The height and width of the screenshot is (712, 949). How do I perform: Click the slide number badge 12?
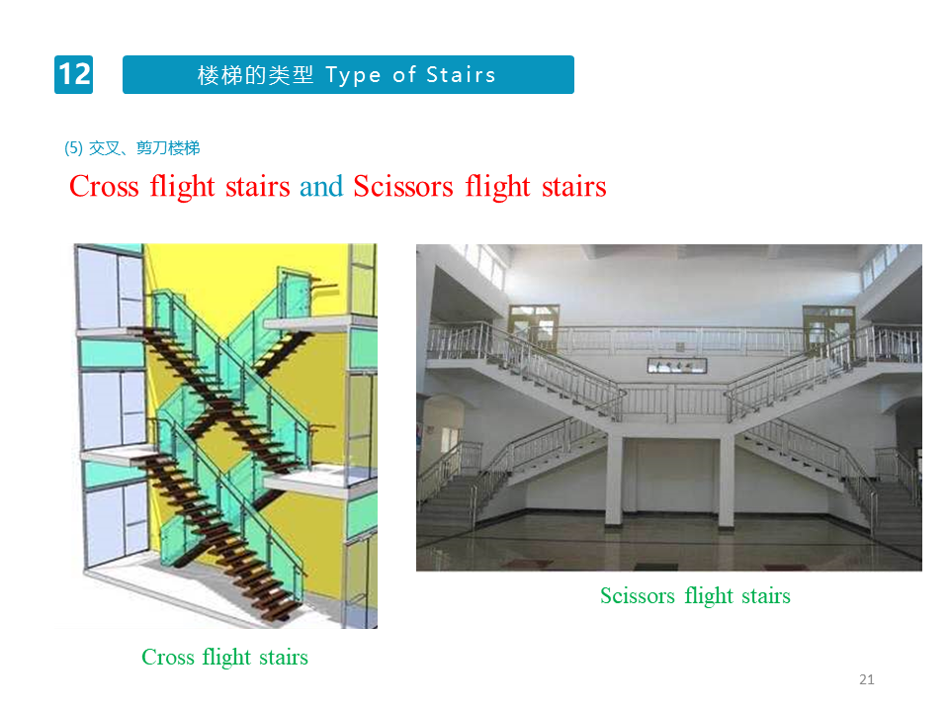(x=74, y=74)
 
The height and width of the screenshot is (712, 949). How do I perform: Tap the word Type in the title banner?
(x=354, y=76)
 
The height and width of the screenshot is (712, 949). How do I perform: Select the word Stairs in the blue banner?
(x=462, y=74)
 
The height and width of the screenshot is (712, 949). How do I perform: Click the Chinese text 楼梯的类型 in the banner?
(x=255, y=75)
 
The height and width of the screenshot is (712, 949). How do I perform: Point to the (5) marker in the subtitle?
(x=73, y=147)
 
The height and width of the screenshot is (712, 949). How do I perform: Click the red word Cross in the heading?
(x=104, y=186)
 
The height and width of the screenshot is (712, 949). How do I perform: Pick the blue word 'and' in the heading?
(x=321, y=186)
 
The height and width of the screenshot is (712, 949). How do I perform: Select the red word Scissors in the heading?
(x=403, y=186)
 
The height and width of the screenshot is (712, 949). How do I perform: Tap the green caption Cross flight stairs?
(x=224, y=658)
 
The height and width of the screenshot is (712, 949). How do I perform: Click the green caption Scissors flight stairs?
(x=695, y=596)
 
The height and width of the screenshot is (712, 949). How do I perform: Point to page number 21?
(x=867, y=679)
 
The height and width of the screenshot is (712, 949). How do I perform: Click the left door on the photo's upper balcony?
(x=534, y=328)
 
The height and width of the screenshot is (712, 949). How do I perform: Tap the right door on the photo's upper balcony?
(x=828, y=328)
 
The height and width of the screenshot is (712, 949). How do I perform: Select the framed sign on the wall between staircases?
(x=676, y=365)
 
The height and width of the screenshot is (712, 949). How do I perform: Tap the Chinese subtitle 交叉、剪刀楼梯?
(x=144, y=147)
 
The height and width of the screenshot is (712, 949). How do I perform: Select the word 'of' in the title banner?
(x=404, y=75)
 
